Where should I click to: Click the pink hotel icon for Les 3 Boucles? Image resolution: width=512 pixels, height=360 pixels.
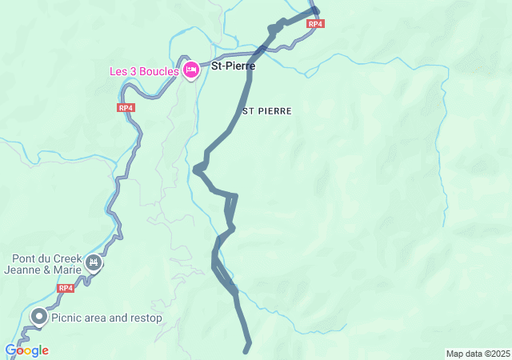point(190,71)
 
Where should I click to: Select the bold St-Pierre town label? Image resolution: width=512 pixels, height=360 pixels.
point(233,66)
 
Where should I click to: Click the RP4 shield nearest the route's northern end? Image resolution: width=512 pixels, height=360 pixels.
point(315,24)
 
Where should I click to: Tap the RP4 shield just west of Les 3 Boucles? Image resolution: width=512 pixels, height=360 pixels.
point(125,107)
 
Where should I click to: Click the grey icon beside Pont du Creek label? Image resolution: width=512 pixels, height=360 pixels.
point(94,263)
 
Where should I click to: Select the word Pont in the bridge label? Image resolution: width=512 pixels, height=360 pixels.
point(23,259)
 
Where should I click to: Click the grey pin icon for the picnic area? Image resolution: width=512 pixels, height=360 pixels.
point(38,317)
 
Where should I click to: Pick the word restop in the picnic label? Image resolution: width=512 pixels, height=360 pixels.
point(145,318)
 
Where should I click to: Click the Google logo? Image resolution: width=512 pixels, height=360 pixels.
point(26,350)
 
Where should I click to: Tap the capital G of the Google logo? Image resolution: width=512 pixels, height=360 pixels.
point(10,350)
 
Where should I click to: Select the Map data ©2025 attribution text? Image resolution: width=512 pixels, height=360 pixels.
point(478,354)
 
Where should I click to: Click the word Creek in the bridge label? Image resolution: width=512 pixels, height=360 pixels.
point(66,259)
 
